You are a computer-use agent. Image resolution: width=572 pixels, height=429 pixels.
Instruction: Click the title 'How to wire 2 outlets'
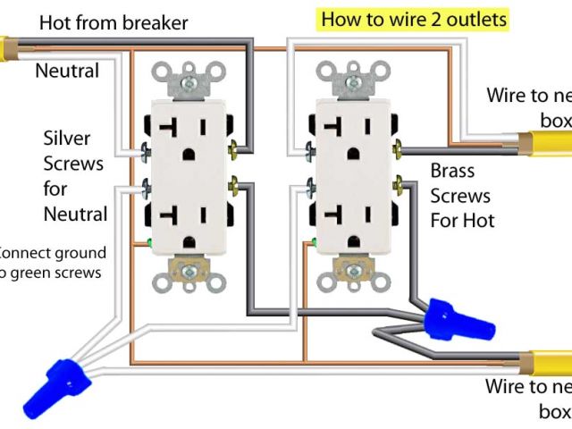coord(414,19)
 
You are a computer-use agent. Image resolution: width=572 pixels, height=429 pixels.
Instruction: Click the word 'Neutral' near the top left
coord(67,70)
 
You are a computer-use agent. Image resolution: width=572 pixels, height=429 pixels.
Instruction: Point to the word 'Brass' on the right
coord(452,170)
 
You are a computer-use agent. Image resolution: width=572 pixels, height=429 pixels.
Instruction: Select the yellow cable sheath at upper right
coord(544,142)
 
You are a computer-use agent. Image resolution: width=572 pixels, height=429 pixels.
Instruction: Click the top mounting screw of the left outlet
coord(190,83)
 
